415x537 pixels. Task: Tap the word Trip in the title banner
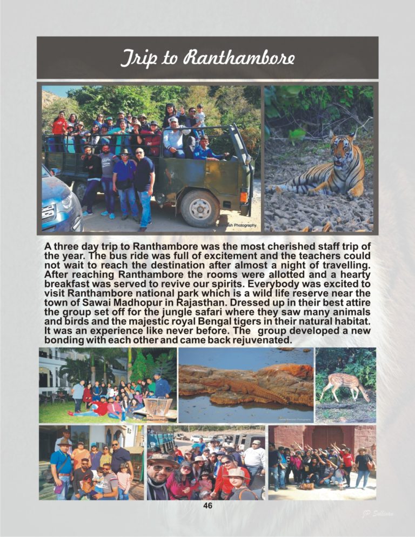click(136, 57)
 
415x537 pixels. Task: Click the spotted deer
click(346, 385)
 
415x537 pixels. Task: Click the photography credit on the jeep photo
click(231, 225)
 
